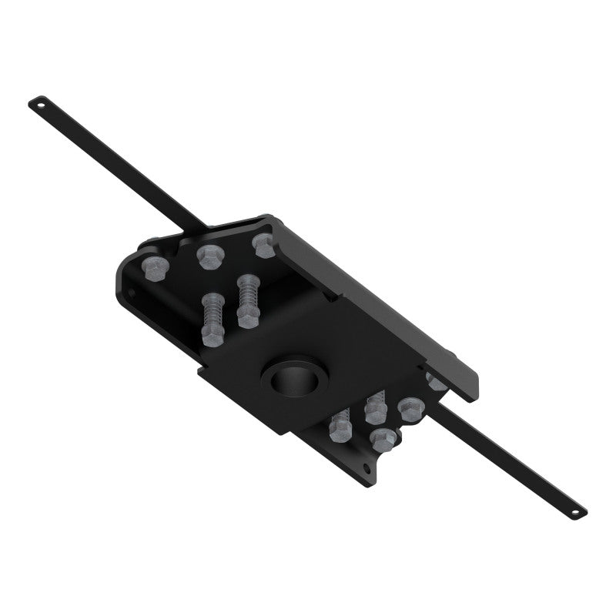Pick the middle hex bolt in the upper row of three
pos(208,255)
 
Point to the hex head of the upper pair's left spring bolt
pos(211,333)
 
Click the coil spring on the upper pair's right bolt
pos(246,293)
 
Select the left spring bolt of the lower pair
pos(340,427)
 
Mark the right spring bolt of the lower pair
pos(376,408)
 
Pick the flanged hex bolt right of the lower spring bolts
pos(410,408)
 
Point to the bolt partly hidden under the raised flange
pos(436,380)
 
